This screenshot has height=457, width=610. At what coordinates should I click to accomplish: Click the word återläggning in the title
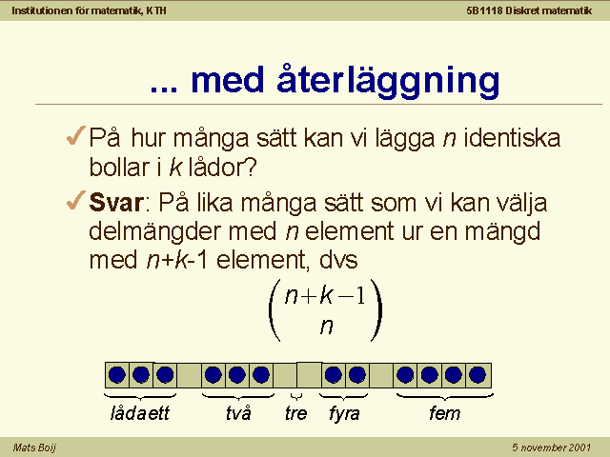388,81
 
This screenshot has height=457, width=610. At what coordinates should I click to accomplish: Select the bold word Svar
116,202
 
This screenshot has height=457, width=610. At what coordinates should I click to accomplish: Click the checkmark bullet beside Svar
76,200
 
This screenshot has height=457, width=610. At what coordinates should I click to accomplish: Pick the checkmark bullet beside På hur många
76,135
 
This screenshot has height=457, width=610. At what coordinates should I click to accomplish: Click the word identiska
512,137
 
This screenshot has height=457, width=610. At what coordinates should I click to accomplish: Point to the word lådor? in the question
222,168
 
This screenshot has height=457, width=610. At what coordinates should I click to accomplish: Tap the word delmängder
155,231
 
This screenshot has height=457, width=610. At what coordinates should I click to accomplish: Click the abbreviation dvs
338,260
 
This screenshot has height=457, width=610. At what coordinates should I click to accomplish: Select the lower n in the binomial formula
326,326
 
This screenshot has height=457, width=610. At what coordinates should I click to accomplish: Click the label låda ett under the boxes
140,413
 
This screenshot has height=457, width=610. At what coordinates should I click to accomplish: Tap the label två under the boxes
238,413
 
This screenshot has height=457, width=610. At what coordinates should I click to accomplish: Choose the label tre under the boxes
295,413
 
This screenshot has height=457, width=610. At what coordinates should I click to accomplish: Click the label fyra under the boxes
344,414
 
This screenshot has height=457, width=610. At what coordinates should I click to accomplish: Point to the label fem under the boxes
444,413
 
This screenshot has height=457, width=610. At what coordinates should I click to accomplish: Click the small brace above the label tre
296,396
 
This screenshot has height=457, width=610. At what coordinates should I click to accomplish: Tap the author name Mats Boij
34,447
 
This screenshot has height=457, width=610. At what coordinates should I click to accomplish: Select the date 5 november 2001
551,447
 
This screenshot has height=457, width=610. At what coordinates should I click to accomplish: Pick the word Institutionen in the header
43,10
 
